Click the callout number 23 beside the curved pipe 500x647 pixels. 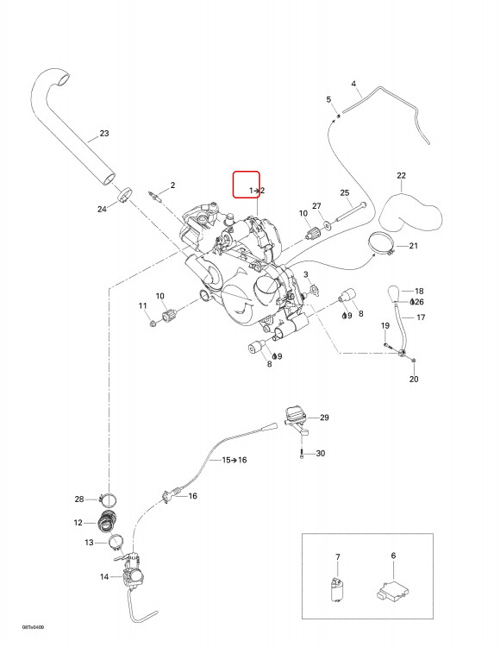(x=104, y=133)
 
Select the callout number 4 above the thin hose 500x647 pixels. (x=353, y=84)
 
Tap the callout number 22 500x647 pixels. (x=401, y=175)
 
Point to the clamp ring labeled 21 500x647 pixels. (x=380, y=243)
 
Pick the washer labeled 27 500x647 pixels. (x=328, y=224)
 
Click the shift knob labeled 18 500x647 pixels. (x=395, y=293)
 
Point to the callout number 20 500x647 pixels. (x=414, y=379)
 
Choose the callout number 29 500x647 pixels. (x=324, y=418)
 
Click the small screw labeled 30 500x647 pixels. (x=302, y=454)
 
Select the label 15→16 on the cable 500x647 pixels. (x=234, y=460)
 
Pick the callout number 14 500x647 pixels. (x=103, y=576)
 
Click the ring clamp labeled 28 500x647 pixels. (x=108, y=499)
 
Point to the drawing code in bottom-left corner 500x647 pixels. (x=33, y=628)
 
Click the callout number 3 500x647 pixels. (x=305, y=274)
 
